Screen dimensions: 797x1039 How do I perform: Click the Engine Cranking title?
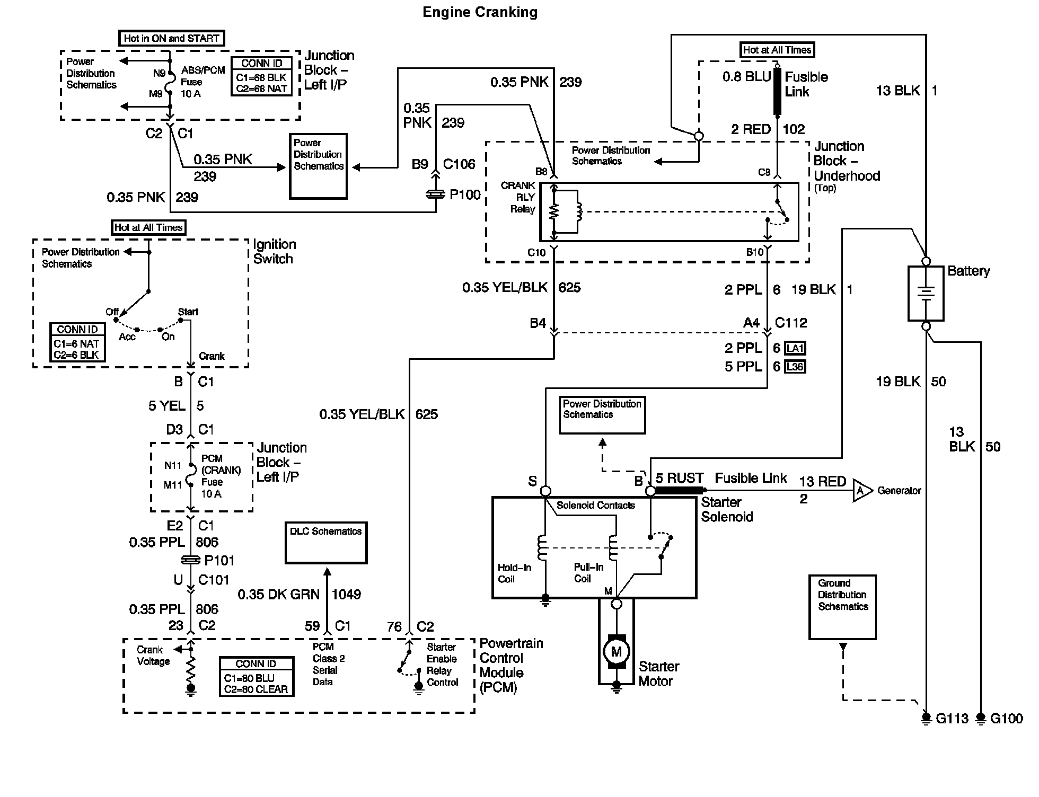480,12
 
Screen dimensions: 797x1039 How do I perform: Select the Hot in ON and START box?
171,38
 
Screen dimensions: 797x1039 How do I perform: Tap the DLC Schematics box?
325,542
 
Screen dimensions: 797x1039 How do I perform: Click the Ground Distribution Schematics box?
842,606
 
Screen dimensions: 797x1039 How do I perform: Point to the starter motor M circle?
616,651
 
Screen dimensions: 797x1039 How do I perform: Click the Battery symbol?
926,293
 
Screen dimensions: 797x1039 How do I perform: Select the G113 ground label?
952,719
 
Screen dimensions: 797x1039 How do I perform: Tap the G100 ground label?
1006,719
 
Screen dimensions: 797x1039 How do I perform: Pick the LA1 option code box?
795,348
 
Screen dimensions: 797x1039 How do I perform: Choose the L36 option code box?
795,367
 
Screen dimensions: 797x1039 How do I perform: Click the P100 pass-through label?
465,194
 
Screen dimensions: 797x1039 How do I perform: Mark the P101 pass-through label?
219,560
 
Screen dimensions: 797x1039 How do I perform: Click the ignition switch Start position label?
188,312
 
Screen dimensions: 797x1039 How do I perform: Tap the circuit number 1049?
346,594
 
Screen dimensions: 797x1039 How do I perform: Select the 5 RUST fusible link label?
680,478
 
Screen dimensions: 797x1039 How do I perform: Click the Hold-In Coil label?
514,573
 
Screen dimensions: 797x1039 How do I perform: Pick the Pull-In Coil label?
588,573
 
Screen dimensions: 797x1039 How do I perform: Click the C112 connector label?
791,322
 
